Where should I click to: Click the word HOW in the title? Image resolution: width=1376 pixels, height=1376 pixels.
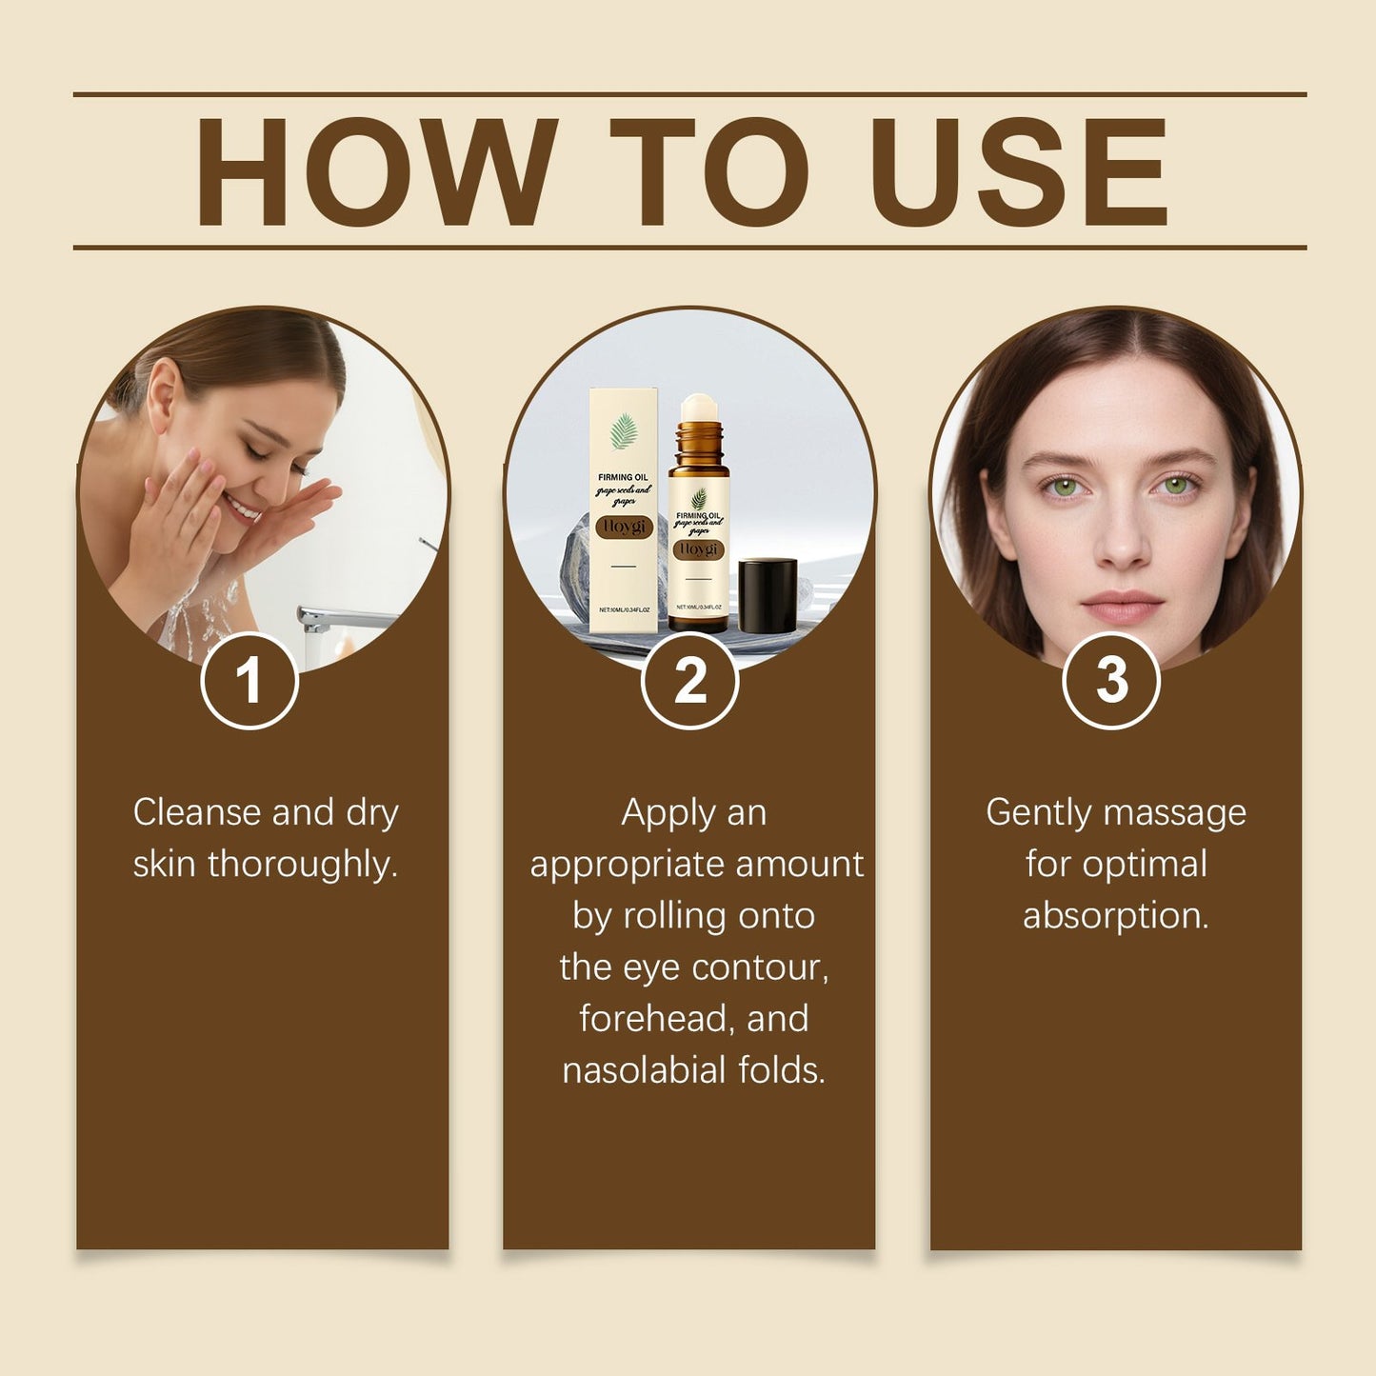click(375, 172)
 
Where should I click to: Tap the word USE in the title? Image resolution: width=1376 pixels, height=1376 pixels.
click(1018, 172)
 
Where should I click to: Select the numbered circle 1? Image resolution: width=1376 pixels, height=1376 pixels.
click(249, 681)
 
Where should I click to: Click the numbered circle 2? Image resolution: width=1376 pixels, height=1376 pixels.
click(689, 681)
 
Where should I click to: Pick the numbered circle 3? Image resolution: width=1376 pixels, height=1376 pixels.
click(1110, 681)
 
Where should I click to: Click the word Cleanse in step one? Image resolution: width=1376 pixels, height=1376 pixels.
click(197, 812)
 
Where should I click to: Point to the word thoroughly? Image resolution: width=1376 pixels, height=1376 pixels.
click(303, 865)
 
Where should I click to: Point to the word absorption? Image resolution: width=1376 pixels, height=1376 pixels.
click(1115, 916)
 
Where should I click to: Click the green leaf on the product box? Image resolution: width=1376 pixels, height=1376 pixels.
click(624, 430)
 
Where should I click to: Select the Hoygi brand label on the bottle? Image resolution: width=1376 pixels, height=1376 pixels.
click(699, 550)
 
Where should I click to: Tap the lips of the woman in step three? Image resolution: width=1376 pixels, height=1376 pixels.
click(1122, 606)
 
